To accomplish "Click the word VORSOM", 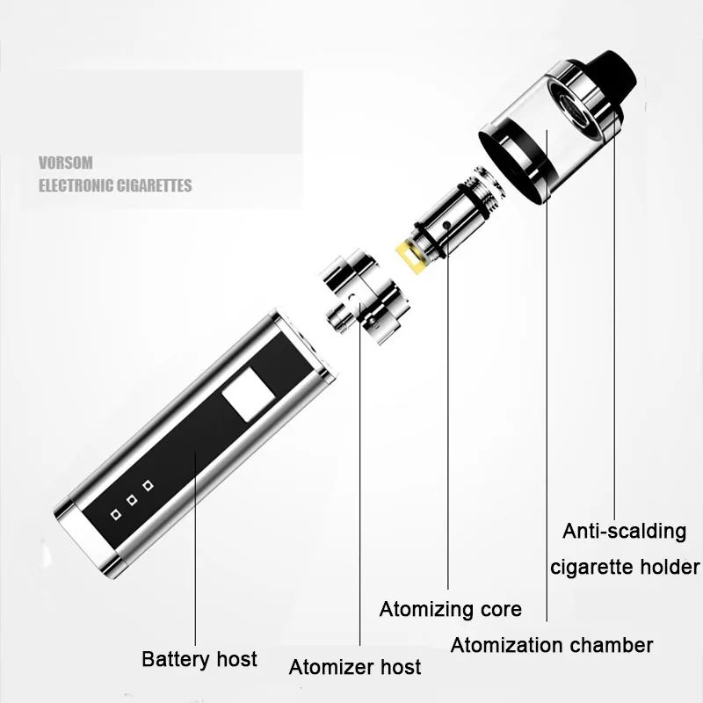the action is coord(66,163).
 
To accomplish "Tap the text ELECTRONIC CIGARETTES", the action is coord(115,185).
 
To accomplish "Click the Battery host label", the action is coord(199,659).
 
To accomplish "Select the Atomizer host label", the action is coord(355,667).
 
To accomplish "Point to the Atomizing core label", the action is coord(450,609).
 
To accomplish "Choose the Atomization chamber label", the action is coord(552,645).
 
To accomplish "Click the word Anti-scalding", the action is coord(624,531).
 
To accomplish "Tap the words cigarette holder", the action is coord(625,566).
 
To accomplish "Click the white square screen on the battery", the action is coord(245,396).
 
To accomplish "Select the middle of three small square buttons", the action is coord(132,499).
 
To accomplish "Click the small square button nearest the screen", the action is coord(148,485).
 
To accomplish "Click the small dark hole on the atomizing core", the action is coord(447,227).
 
